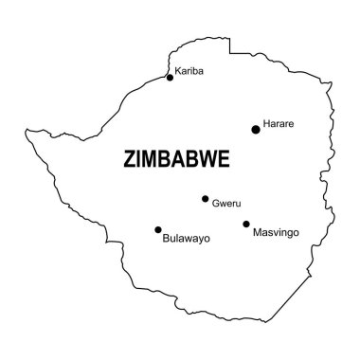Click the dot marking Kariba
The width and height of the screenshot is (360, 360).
point(170,77)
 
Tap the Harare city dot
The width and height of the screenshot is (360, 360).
point(255,129)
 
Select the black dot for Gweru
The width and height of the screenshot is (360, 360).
point(205,199)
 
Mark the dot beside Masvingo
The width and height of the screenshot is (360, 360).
point(246,225)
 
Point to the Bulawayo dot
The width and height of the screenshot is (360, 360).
point(158,229)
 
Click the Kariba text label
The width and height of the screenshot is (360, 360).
point(189,70)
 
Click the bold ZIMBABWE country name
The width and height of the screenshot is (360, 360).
point(176,160)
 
